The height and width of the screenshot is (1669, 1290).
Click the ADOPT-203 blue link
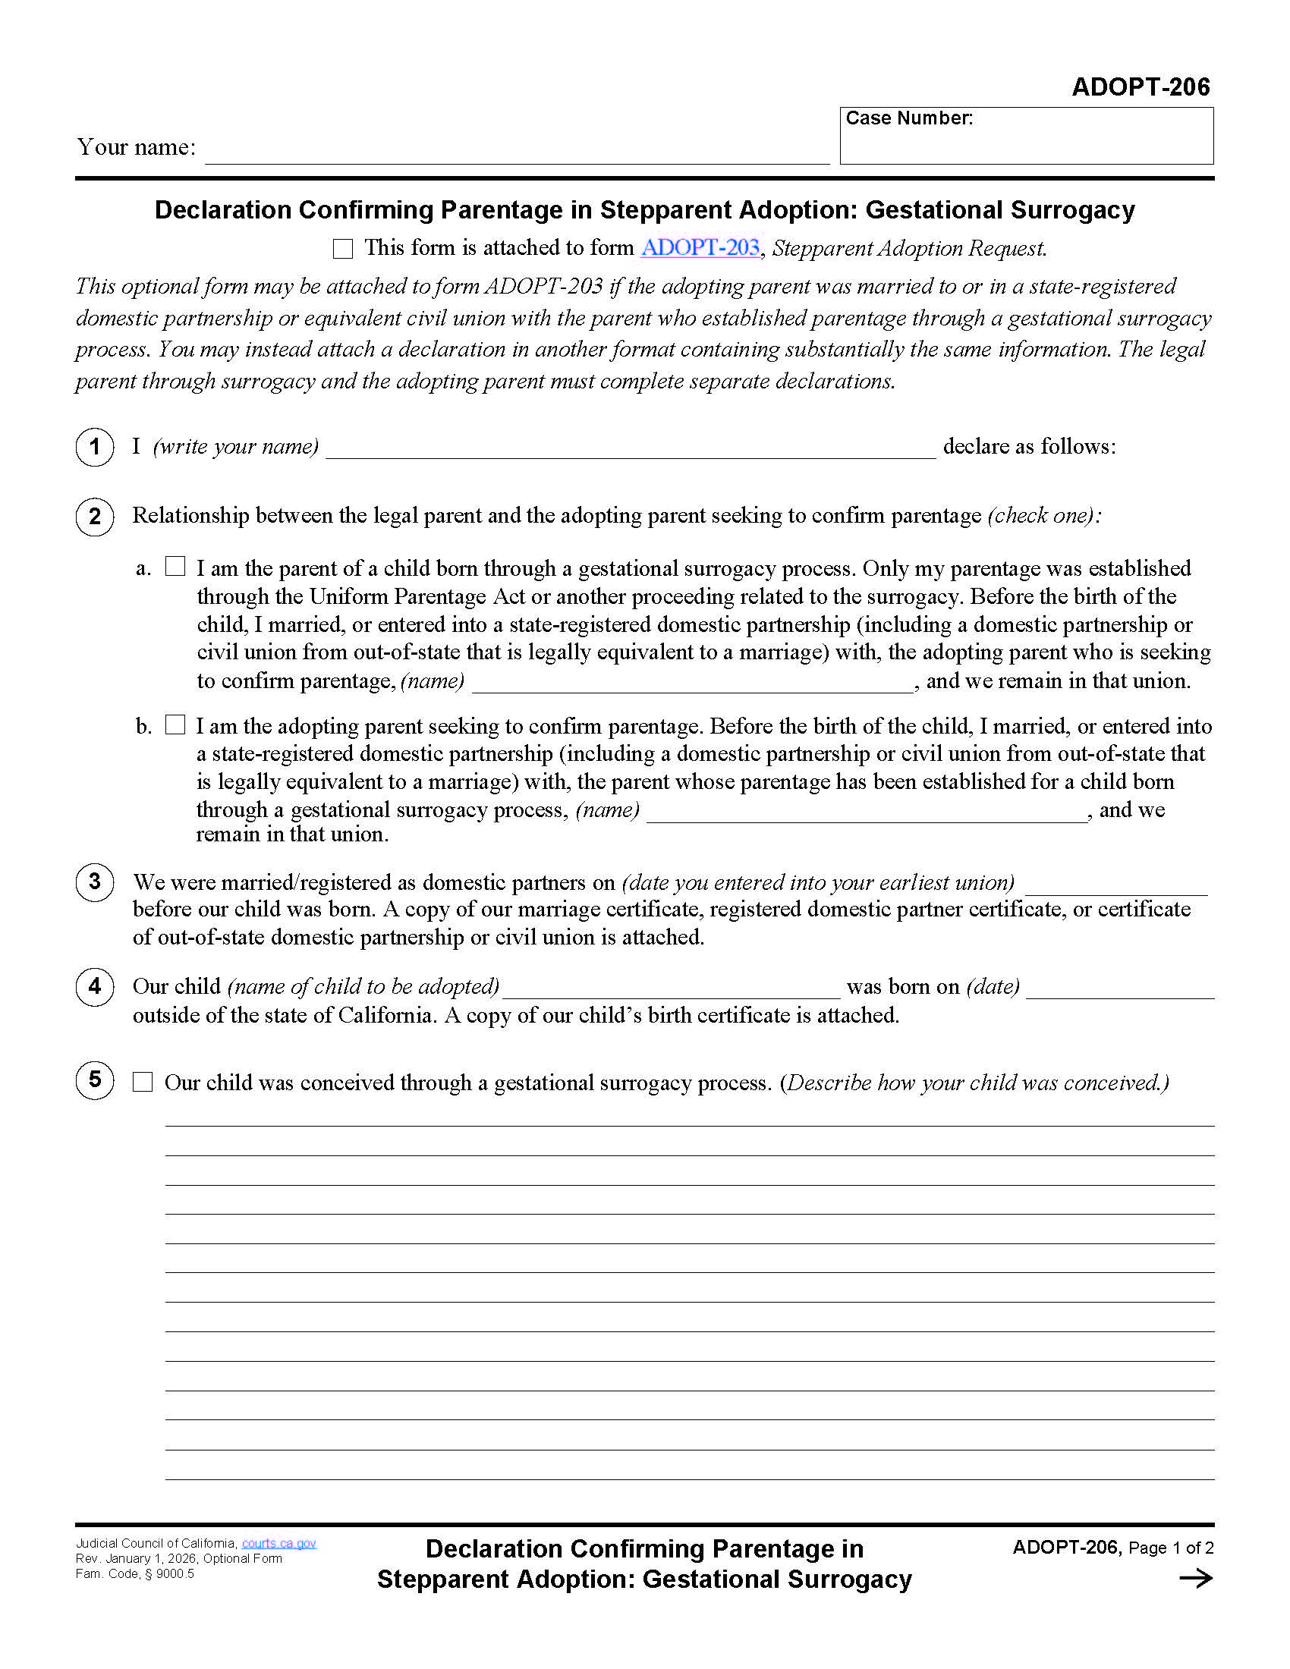700,247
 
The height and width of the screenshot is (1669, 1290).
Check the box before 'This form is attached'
343,248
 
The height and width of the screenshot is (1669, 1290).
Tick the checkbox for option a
175,566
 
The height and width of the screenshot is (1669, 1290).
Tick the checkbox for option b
175,724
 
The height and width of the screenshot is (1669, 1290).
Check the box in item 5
143,1081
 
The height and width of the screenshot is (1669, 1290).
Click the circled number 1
95,446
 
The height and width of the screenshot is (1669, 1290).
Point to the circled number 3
95,882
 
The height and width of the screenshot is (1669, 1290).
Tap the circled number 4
95,985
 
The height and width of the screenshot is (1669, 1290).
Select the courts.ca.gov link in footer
279,1543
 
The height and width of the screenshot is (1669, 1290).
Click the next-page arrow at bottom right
1195,1578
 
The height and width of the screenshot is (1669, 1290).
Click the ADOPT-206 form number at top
1141,87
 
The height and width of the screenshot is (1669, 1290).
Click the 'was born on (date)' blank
1119,989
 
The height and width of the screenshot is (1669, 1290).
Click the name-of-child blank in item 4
671,989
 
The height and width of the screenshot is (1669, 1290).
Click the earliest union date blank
1115,885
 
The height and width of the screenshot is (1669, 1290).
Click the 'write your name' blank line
631,449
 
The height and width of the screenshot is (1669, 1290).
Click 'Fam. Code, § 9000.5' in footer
134,1573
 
